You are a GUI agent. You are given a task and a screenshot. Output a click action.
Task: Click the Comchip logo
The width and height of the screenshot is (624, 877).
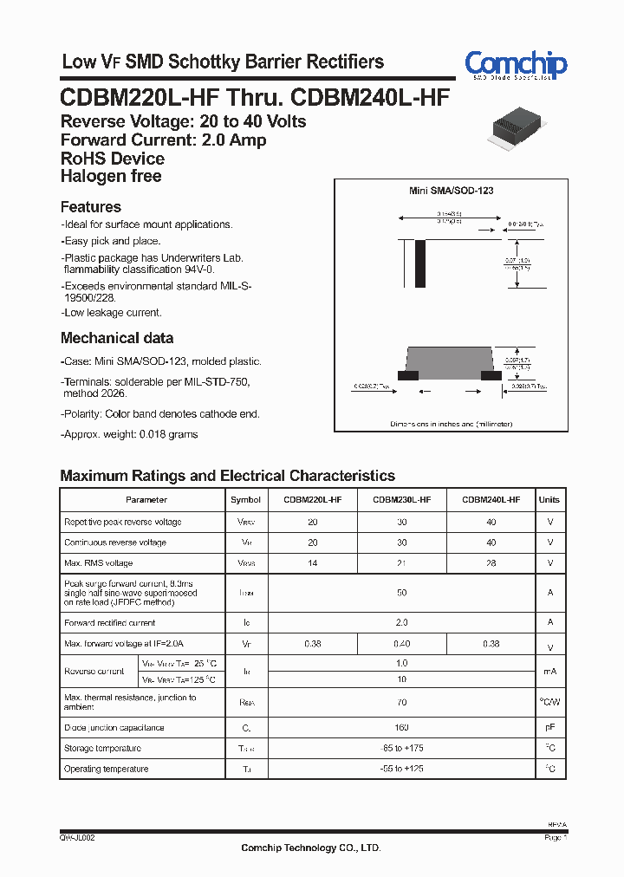(x=516, y=64)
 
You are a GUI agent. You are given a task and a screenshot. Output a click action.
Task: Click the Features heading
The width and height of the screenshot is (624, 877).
(x=91, y=207)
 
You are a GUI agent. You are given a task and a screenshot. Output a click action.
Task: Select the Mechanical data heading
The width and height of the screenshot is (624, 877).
(x=117, y=338)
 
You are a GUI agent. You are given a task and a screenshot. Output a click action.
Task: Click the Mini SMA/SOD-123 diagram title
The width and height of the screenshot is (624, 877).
(x=451, y=191)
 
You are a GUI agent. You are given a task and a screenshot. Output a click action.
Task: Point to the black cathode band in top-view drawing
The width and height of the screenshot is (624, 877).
(x=421, y=258)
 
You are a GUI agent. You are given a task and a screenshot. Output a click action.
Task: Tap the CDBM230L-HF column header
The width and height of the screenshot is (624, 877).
(x=401, y=500)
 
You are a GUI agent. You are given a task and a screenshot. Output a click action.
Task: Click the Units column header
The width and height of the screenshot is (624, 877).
(x=549, y=500)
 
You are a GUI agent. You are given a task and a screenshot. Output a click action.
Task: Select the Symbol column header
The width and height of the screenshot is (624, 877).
(x=246, y=500)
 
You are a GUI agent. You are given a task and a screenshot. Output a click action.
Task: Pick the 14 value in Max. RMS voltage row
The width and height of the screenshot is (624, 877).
(x=313, y=563)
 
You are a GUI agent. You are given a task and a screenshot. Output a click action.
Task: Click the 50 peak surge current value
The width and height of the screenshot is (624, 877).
(x=401, y=594)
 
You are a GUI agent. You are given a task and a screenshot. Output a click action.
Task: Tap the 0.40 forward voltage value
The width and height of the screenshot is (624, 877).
(x=401, y=644)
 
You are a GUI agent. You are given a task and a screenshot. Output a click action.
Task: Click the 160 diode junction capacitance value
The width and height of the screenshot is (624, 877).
(x=401, y=728)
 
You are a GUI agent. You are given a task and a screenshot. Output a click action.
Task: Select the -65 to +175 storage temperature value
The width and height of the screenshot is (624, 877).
(x=401, y=749)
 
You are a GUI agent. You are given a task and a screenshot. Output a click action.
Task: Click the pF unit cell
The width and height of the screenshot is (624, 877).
(x=549, y=728)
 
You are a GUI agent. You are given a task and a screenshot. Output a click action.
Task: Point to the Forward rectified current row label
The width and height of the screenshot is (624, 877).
(x=110, y=623)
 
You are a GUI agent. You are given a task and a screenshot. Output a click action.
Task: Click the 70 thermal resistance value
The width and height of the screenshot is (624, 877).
(x=401, y=703)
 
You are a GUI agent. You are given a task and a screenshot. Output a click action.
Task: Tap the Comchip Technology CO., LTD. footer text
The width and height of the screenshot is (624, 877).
(x=311, y=848)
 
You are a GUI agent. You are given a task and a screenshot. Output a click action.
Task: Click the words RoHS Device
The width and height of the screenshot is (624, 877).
(x=113, y=159)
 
